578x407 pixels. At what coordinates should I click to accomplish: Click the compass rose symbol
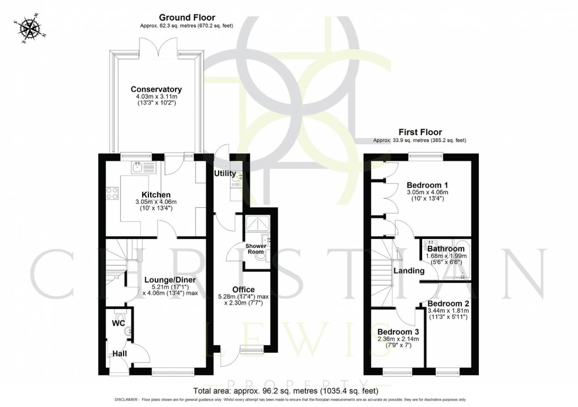click(x=28, y=28)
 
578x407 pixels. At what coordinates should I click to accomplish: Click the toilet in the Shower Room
click(x=261, y=256)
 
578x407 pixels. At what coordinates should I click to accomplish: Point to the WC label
click(x=118, y=324)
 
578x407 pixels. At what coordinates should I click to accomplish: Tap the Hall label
click(x=119, y=354)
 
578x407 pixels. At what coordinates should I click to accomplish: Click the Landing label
click(x=409, y=271)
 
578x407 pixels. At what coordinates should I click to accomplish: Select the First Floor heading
click(x=419, y=132)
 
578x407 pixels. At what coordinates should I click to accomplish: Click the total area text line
click(x=286, y=391)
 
